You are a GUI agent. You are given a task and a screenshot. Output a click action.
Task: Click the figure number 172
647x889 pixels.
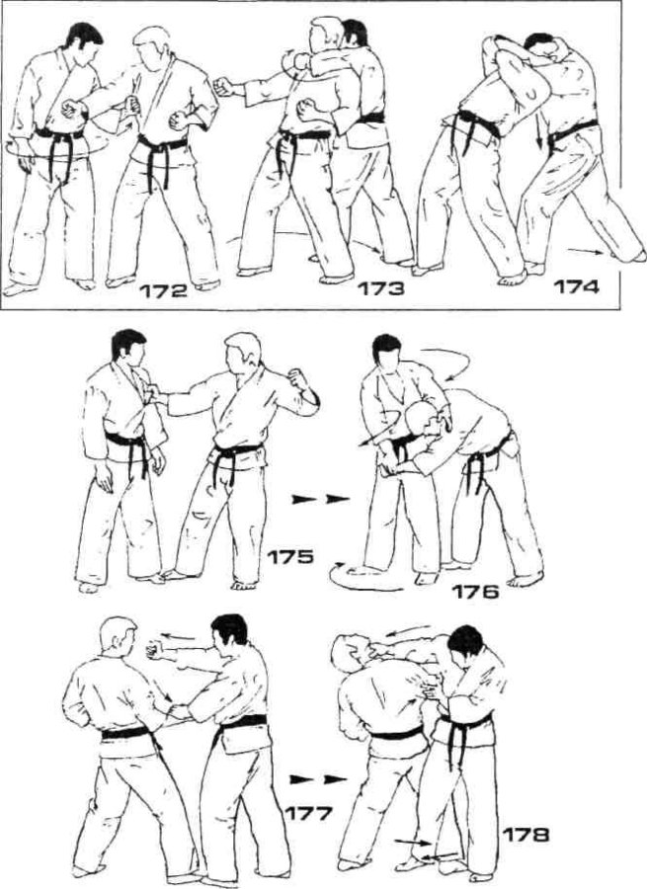[x=163, y=291]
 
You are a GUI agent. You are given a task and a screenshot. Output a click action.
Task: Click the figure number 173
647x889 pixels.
[x=381, y=289]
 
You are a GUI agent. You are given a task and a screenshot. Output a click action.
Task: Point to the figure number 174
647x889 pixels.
[x=576, y=287]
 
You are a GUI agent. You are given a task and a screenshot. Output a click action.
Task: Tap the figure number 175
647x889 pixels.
[x=289, y=557]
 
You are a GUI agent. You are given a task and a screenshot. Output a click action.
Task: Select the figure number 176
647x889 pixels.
[x=475, y=593]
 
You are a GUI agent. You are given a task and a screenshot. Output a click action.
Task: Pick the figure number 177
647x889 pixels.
[x=308, y=814]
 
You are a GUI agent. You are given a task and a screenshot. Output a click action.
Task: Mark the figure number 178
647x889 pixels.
[x=526, y=835]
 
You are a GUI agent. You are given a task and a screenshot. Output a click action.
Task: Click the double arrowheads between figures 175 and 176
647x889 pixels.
[x=320, y=500]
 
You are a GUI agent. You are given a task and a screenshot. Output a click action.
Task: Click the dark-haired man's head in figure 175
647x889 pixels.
[x=128, y=351]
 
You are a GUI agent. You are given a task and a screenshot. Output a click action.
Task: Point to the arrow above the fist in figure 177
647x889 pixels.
[x=181, y=637]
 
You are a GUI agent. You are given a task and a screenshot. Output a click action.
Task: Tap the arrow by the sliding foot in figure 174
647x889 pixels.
[x=585, y=252]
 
